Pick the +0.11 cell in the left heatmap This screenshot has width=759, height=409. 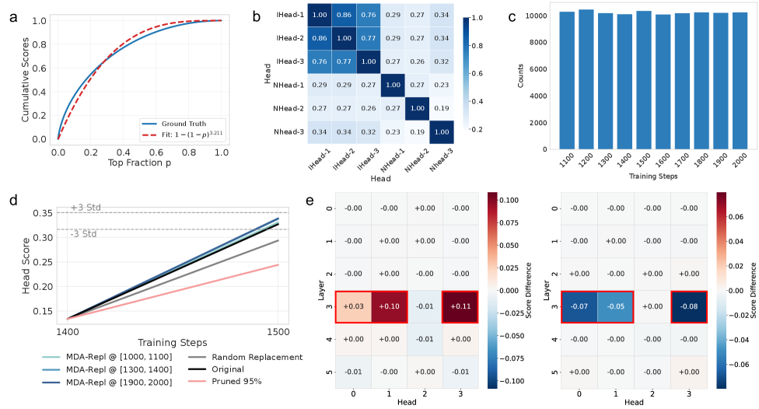click(460, 307)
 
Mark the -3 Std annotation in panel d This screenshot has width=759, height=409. click(83, 234)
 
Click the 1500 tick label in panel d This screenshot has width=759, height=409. click(278, 330)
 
